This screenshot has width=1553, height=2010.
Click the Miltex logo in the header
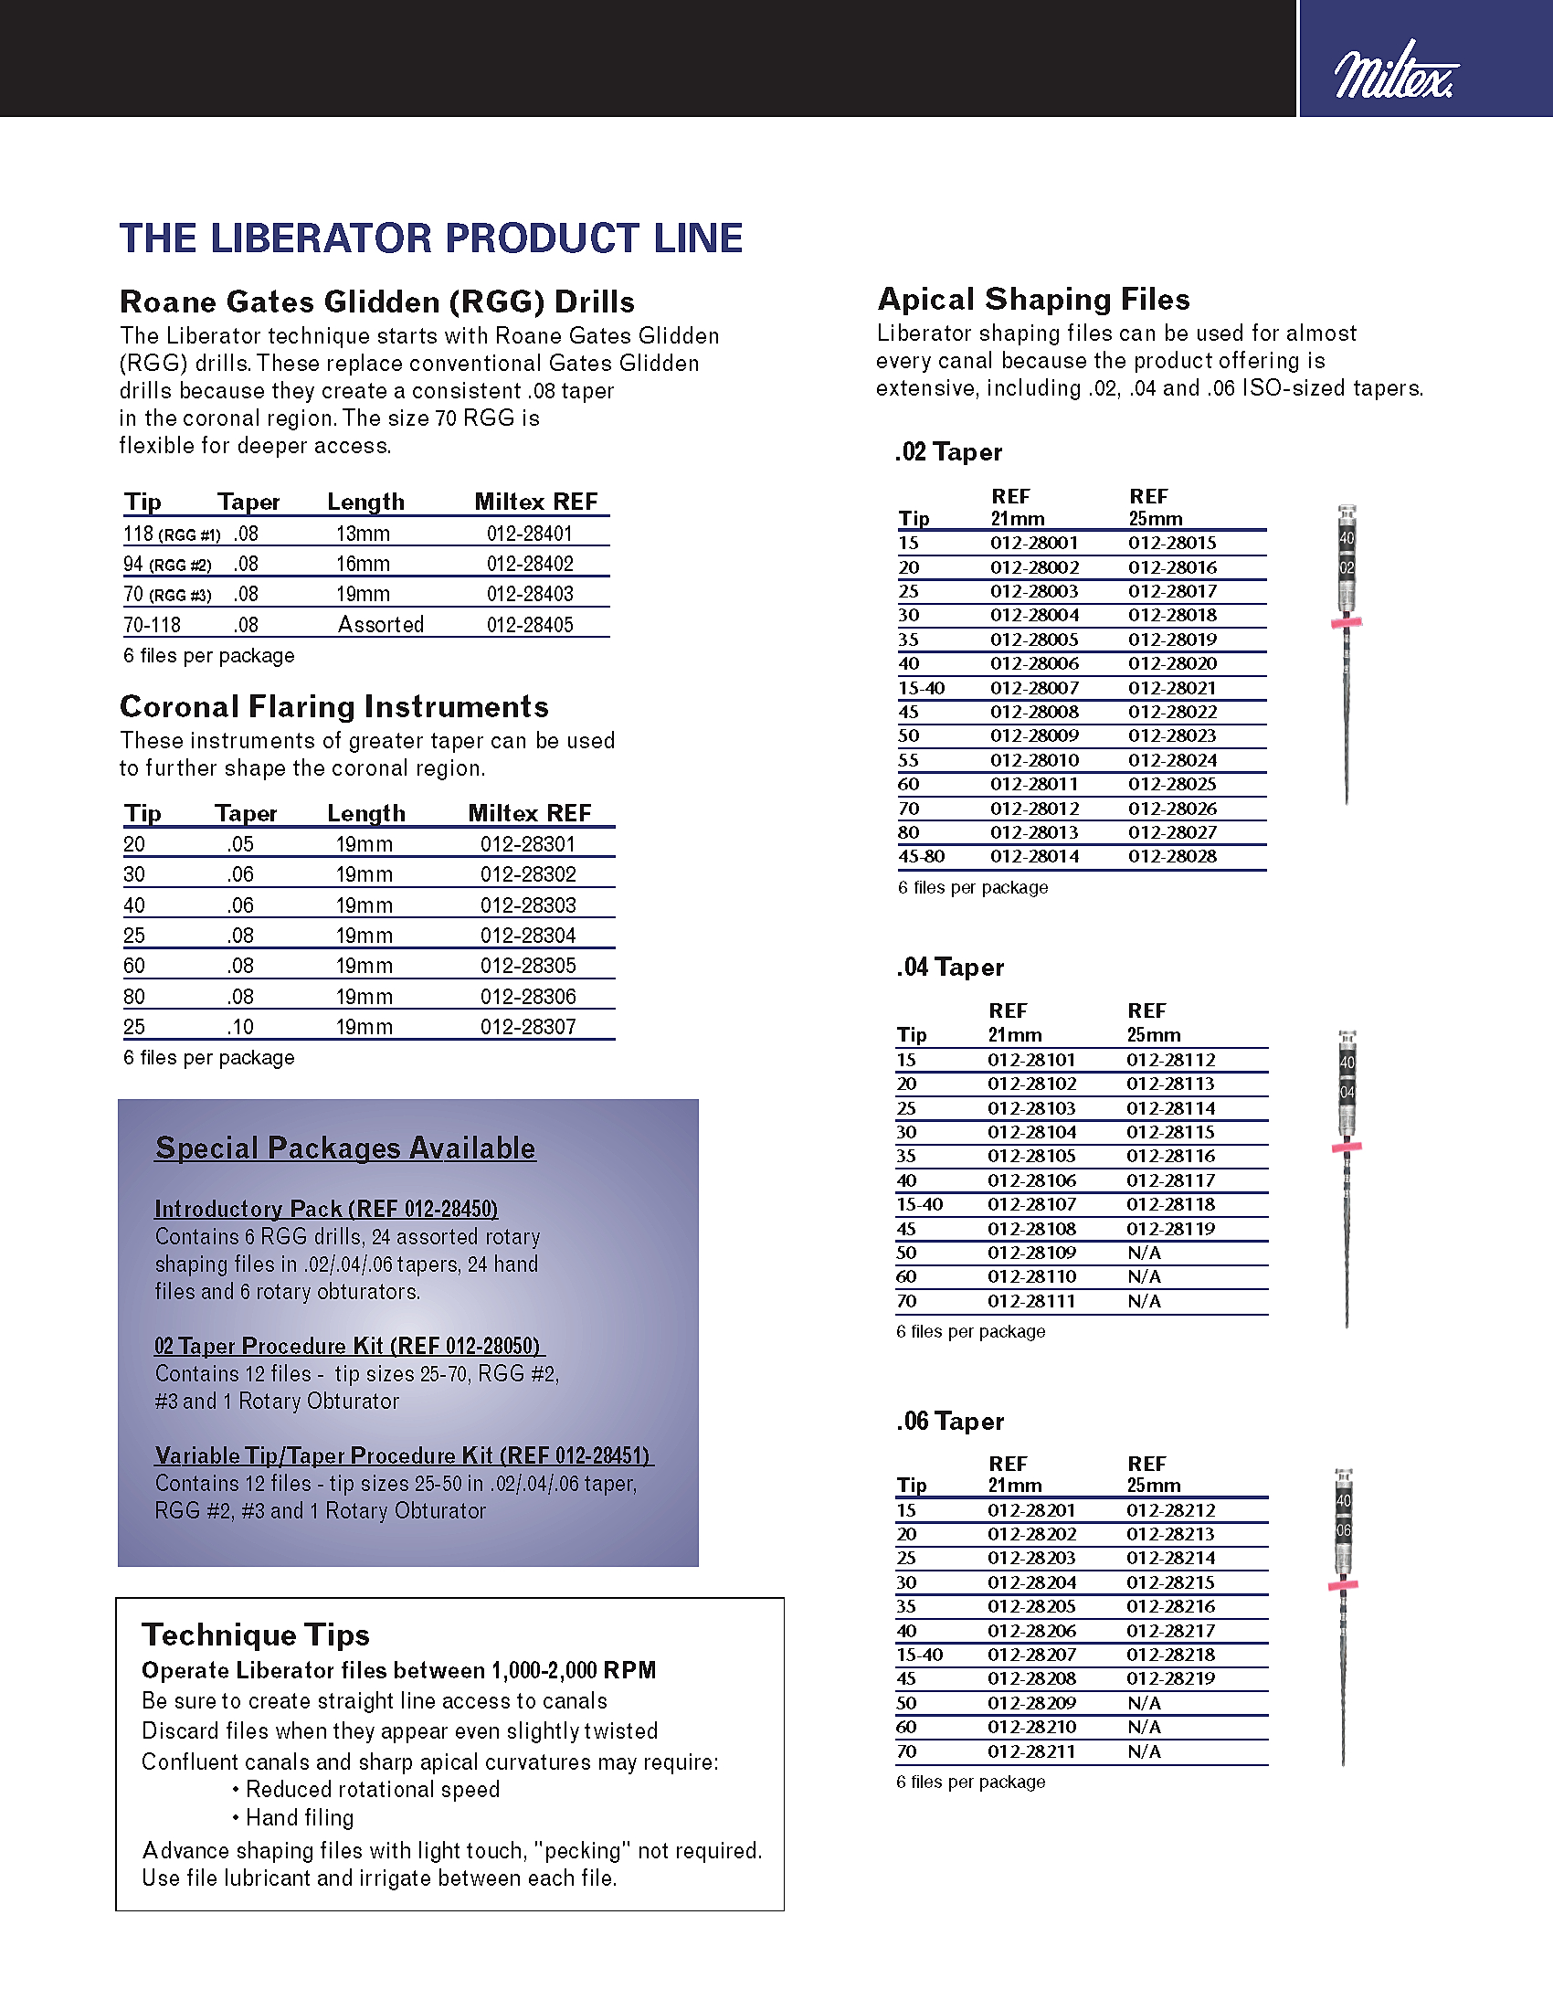[x=1396, y=71]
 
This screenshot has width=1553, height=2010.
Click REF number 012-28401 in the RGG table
[x=530, y=534]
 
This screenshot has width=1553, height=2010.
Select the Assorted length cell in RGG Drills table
[x=381, y=625]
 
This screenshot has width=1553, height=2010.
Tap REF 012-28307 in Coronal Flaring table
[x=528, y=1027]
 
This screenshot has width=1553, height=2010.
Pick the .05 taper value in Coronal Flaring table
[x=240, y=844]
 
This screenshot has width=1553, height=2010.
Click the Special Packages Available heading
[x=345, y=1148]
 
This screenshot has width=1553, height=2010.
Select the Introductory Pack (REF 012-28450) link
[x=327, y=1209]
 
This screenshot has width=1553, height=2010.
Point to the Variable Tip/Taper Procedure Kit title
[x=403, y=1455]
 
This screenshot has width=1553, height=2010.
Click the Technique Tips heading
[x=256, y=1634]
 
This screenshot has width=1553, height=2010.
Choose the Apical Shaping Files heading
[x=1033, y=299]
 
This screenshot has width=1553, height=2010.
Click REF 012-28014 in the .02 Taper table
[x=1034, y=857]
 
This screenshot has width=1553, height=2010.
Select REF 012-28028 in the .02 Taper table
[x=1172, y=857]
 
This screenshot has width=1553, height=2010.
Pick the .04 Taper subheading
[x=950, y=968]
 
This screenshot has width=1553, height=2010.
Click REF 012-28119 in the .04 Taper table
[x=1170, y=1229]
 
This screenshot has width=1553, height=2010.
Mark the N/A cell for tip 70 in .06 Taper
[x=1145, y=1751]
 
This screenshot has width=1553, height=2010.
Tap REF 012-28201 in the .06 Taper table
[x=1031, y=1510]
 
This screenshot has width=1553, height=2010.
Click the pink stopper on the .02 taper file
[x=1346, y=623]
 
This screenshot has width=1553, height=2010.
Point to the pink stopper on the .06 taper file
[x=1343, y=1585]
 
